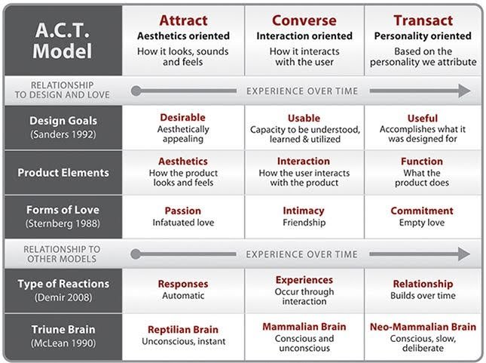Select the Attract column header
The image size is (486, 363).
click(184, 20)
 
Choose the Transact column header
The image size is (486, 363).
click(423, 20)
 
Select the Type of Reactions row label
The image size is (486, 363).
click(63, 284)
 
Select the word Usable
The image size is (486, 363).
click(304, 118)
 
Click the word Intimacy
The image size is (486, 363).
click(304, 211)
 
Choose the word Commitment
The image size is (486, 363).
click(423, 211)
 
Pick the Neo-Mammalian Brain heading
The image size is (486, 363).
click(423, 328)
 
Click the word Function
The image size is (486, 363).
click(423, 162)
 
